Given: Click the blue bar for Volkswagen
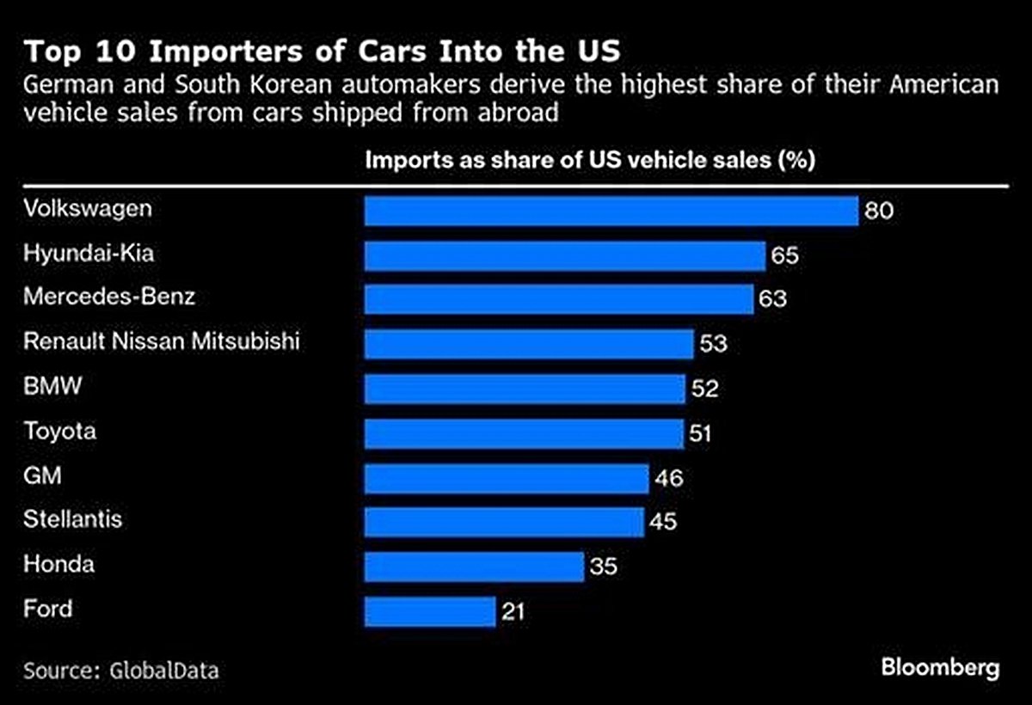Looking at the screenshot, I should [x=611, y=211].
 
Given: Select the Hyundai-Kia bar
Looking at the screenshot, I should [x=565, y=255].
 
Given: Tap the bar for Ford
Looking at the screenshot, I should [x=430, y=611].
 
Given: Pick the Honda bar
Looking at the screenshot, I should [x=474, y=567].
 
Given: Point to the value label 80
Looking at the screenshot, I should [x=880, y=211].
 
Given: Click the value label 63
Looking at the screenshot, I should [x=773, y=300].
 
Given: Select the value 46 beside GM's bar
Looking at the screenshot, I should [x=668, y=478].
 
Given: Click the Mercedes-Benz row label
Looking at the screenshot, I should [x=109, y=297].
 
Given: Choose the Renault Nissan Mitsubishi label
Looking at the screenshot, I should [x=162, y=342].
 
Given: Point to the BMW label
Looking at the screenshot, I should [x=52, y=387].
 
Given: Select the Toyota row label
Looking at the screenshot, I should [x=59, y=432].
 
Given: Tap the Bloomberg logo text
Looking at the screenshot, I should [x=940, y=668].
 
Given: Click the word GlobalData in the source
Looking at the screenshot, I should [x=163, y=671].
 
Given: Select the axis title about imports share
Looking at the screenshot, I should [x=590, y=161].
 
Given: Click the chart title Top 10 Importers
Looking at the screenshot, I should [x=322, y=52].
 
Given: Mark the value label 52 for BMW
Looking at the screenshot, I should [x=704, y=389].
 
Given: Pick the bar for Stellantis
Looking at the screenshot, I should [x=504, y=522].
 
